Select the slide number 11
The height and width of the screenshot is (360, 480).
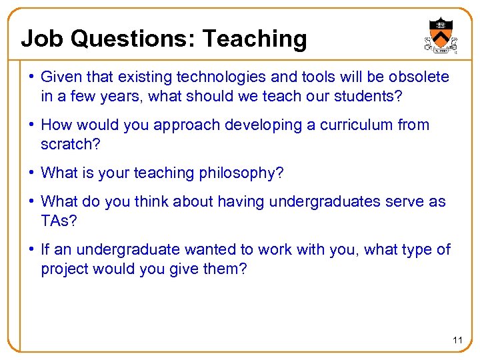click(457, 340)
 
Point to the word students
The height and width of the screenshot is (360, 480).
click(363, 96)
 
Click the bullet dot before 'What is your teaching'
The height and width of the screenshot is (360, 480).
click(32, 173)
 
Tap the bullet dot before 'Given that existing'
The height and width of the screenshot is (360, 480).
click(32, 77)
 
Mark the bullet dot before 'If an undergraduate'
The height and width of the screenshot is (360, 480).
click(32, 250)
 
